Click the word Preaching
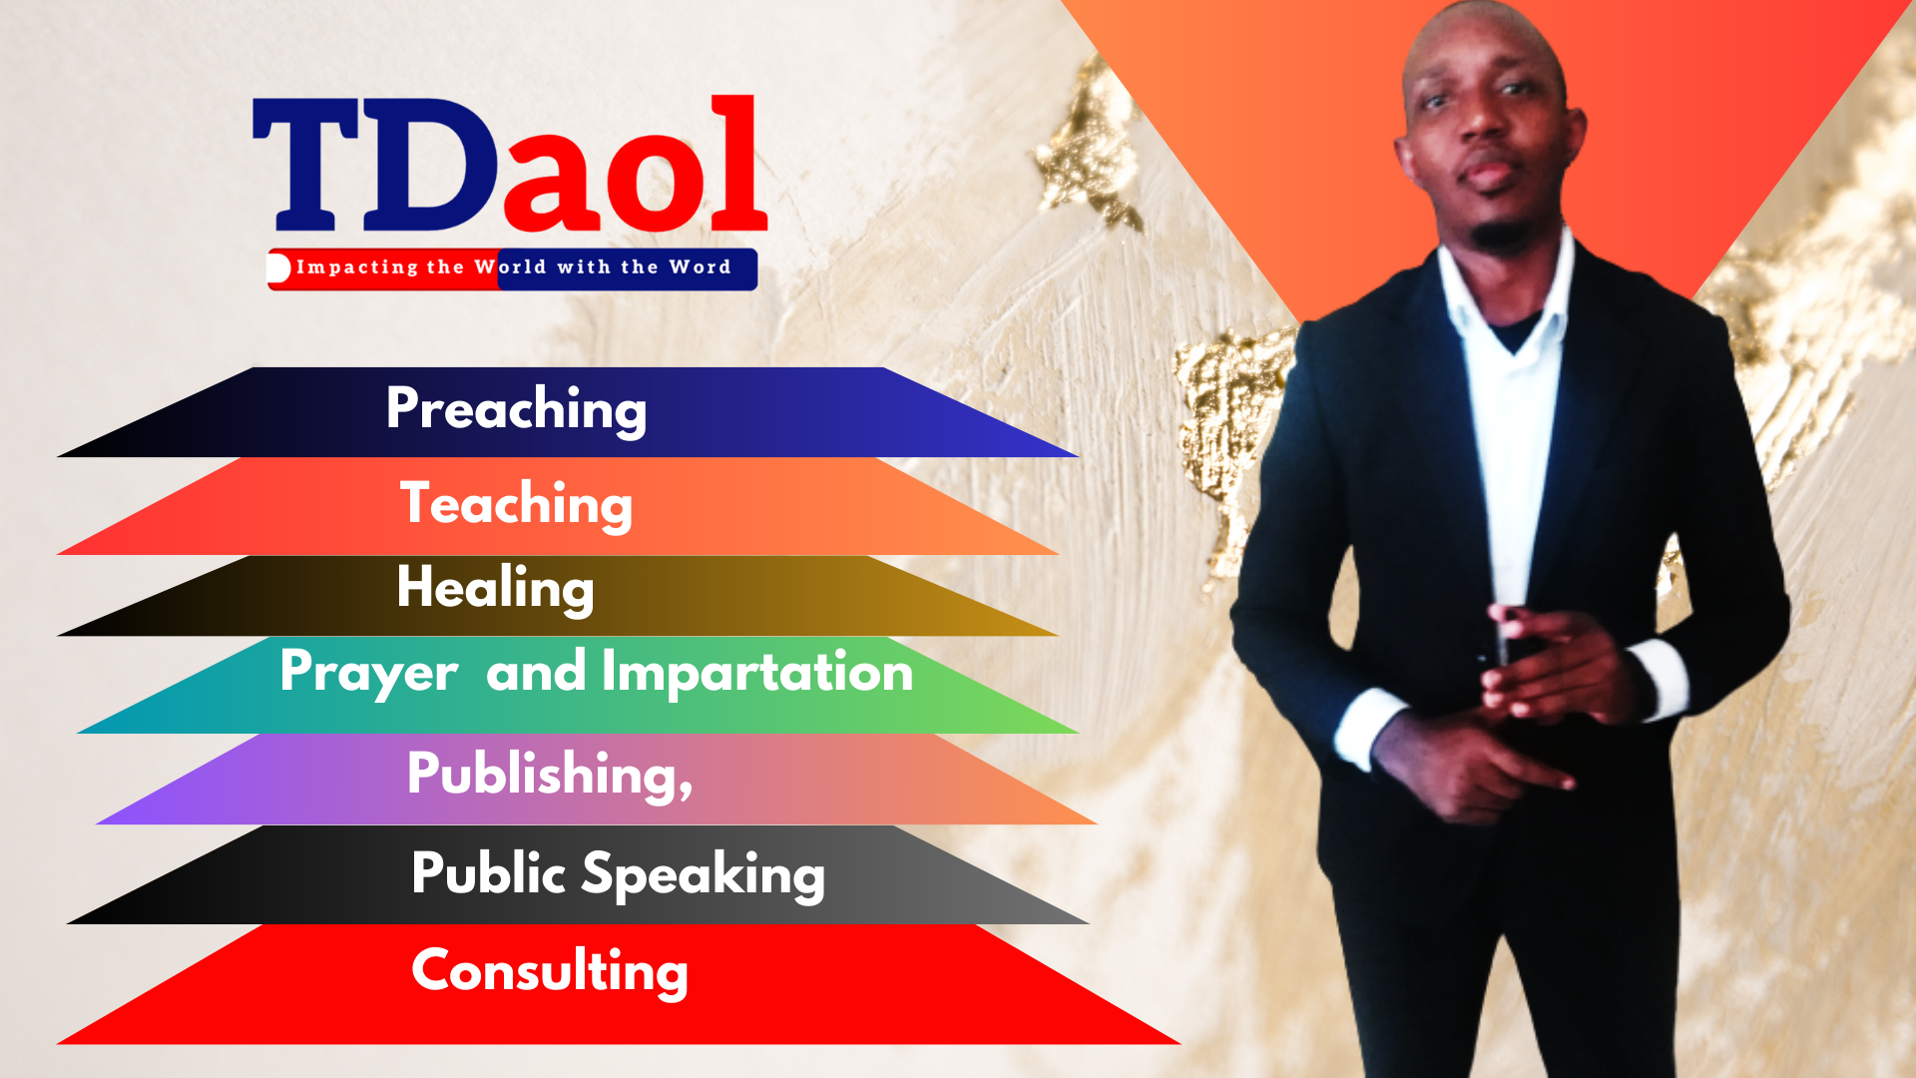click(x=516, y=409)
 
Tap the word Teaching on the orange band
click(x=516, y=504)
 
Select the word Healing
click(x=495, y=588)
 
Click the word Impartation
click(x=757, y=671)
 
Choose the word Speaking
click(x=704, y=875)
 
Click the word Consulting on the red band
click(x=550, y=971)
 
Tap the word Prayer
click(x=369, y=672)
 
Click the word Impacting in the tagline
click(x=357, y=268)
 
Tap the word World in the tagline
click(x=510, y=267)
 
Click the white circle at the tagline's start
click(x=278, y=268)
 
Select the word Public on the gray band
click(x=489, y=873)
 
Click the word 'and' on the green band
click(x=536, y=671)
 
